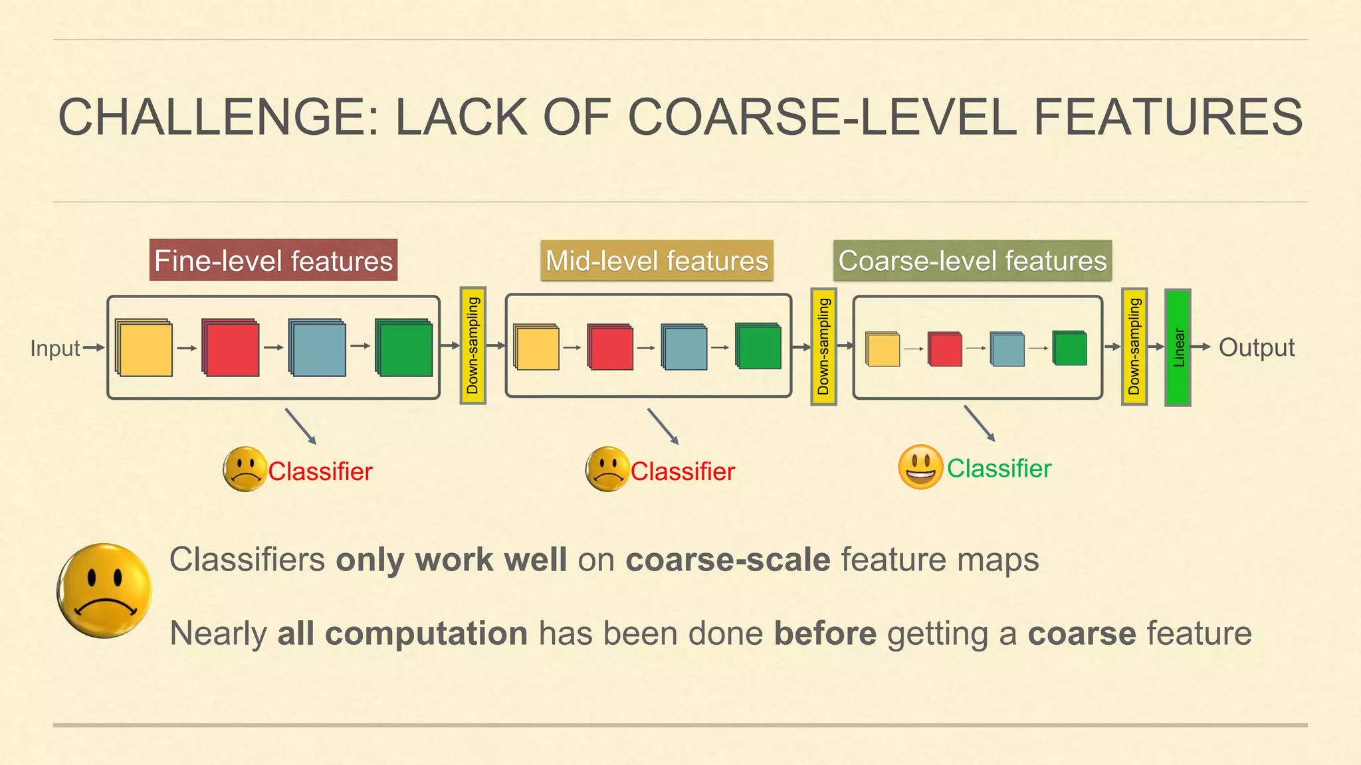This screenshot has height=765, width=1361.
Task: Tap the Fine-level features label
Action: (x=273, y=260)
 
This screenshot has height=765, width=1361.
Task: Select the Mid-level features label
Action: (x=657, y=260)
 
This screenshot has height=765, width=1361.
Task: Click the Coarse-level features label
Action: (x=972, y=260)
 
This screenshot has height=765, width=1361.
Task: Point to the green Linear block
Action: (x=1178, y=347)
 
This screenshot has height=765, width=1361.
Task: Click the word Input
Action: (x=54, y=349)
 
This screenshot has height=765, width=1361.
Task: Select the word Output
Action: (x=1257, y=348)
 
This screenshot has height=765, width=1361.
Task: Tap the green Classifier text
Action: (x=999, y=469)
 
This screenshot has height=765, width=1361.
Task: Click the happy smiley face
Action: (x=920, y=467)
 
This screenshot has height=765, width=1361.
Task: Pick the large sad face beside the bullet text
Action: (x=104, y=591)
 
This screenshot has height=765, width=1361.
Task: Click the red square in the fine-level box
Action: (x=231, y=347)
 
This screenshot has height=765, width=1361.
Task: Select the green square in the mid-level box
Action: (x=758, y=346)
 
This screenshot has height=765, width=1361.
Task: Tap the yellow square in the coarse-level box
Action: (x=883, y=349)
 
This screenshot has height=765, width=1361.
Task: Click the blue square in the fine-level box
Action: (x=317, y=347)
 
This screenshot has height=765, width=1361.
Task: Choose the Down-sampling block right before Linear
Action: (x=1134, y=347)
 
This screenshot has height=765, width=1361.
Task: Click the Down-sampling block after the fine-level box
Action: (x=473, y=346)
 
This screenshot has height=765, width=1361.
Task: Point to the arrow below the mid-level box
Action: (x=663, y=426)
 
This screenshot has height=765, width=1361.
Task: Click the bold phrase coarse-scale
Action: (x=728, y=560)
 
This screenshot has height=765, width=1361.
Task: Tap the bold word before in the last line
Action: (x=825, y=634)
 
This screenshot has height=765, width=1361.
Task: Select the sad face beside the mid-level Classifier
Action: (x=607, y=469)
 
